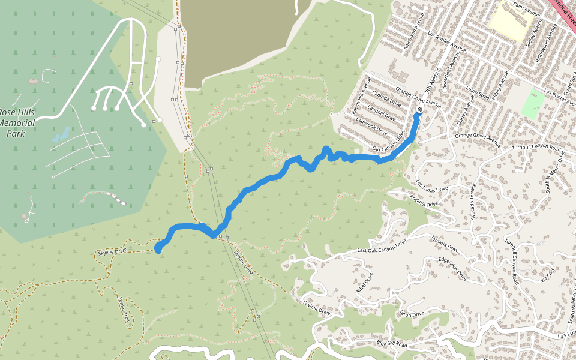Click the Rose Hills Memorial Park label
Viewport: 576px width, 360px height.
pyautogui.click(x=17, y=123)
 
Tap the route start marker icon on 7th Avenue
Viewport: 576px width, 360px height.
pyautogui.click(x=419, y=109)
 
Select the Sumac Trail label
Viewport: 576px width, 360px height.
pyautogui.click(x=124, y=310)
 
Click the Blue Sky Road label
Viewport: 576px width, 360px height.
pyautogui.click(x=392, y=344)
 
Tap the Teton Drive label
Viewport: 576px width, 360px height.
pyautogui.click(x=412, y=314)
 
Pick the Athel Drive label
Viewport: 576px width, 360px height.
pyautogui.click(x=365, y=281)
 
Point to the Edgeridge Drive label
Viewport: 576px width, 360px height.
pyautogui.click(x=453, y=269)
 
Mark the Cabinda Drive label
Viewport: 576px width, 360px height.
pyautogui.click(x=386, y=95)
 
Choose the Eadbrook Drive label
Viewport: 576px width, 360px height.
pyautogui.click(x=372, y=122)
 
